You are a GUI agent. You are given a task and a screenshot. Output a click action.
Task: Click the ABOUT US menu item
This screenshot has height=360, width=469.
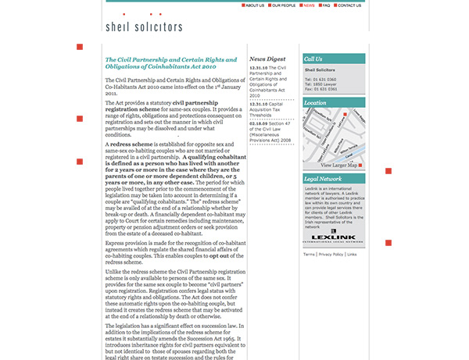tap(255, 5)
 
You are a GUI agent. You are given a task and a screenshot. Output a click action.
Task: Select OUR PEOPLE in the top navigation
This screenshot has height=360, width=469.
tap(284, 5)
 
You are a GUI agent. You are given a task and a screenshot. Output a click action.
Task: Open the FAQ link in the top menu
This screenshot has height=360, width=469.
tap(325, 5)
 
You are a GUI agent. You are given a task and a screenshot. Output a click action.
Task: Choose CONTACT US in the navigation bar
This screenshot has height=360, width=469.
tap(349, 5)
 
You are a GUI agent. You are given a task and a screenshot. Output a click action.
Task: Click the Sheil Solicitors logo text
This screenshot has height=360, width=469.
tap(144, 27)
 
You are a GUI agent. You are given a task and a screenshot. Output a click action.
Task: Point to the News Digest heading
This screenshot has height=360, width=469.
tap(267, 59)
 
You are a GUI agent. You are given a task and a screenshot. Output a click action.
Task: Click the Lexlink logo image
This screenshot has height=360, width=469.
tap(333, 234)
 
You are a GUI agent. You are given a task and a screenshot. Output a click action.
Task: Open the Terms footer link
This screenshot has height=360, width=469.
tap(309, 254)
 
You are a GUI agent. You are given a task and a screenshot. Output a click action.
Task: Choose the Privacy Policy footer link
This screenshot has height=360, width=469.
tap(331, 254)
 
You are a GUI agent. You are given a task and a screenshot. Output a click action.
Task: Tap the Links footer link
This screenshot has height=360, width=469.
tap(352, 254)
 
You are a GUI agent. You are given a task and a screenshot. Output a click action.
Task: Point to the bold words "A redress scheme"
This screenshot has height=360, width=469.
tap(127, 144)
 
